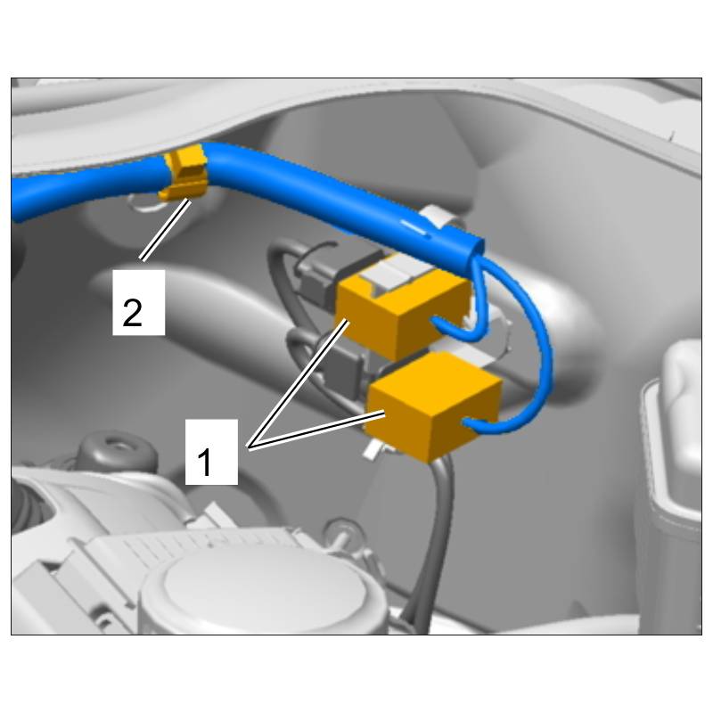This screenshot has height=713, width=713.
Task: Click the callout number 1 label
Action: point(205,462)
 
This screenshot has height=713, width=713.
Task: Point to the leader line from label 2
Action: point(165,230)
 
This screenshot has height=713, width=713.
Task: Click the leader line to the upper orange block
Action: point(298,383)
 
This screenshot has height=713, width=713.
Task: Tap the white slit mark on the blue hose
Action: point(414,228)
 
